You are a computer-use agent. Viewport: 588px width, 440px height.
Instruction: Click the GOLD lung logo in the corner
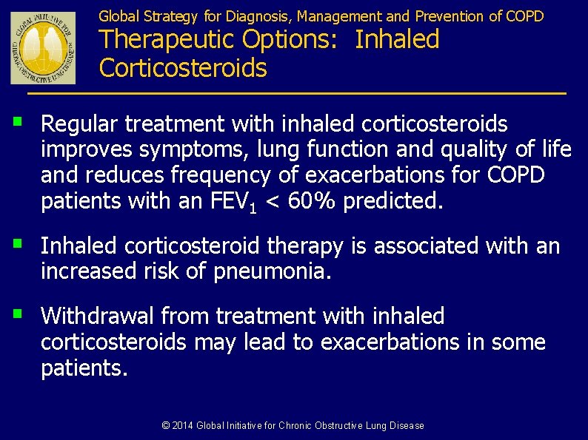(x=43, y=47)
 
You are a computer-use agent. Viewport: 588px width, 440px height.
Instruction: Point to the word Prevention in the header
(x=450, y=16)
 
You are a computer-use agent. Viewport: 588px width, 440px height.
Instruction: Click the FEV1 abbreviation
(x=230, y=202)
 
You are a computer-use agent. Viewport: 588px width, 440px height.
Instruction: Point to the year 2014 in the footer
(x=183, y=425)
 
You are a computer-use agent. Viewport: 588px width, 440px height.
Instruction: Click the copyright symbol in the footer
(x=166, y=425)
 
